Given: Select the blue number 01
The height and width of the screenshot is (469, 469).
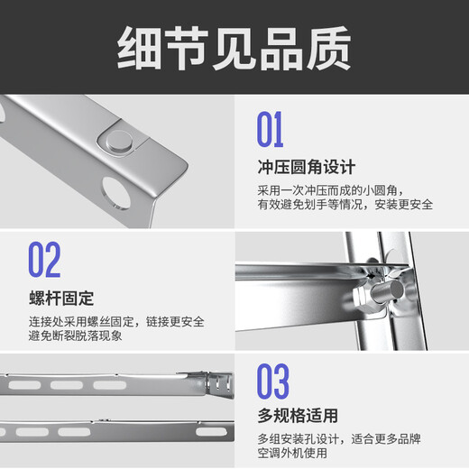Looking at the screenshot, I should point(270,129).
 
